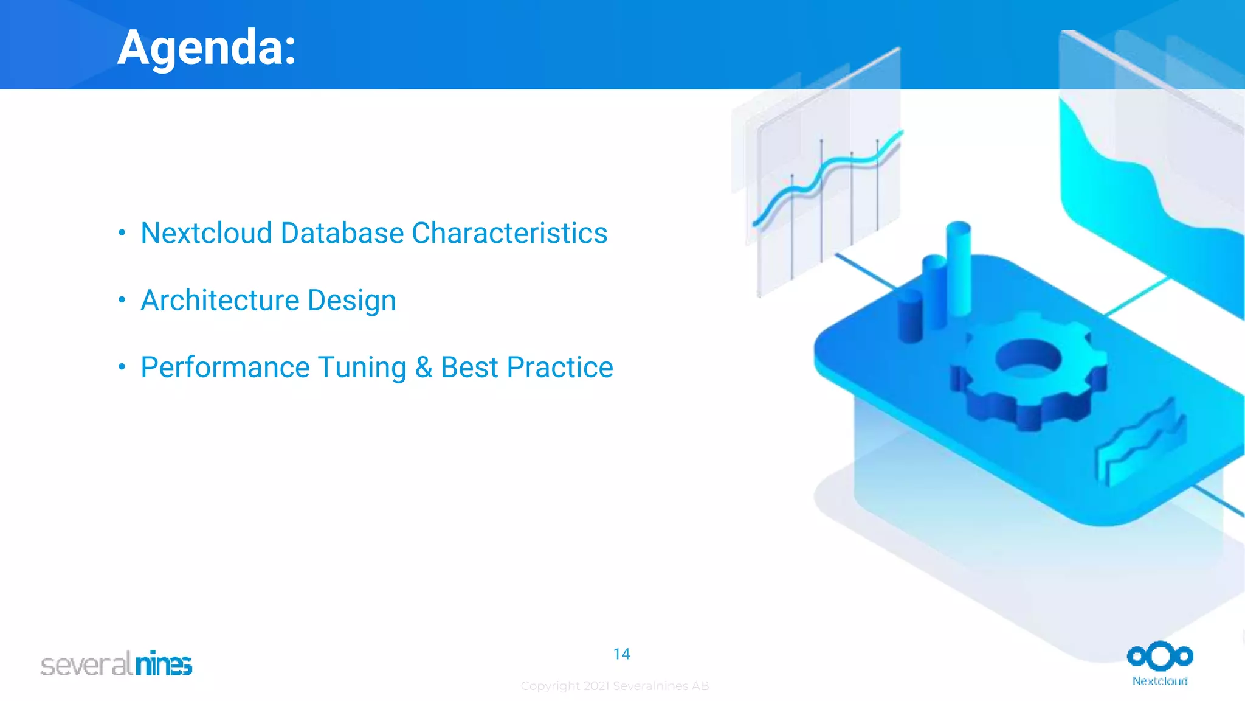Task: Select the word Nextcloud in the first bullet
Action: [206, 233]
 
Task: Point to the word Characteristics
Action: [509, 233]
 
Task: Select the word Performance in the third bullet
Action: [225, 368]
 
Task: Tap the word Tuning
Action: [362, 368]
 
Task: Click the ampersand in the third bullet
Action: [424, 368]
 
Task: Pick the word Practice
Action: [560, 368]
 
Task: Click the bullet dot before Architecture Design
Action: [122, 299]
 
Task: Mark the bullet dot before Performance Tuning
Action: [122, 366]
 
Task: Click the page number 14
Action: [621, 654]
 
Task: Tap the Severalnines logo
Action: [116, 663]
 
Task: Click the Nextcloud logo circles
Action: [1160, 657]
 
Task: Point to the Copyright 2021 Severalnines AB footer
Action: [615, 686]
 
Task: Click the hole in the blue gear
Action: [1028, 357]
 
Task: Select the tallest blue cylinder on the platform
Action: [959, 268]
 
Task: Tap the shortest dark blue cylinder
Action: [910, 316]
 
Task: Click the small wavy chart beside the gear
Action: [1142, 441]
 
